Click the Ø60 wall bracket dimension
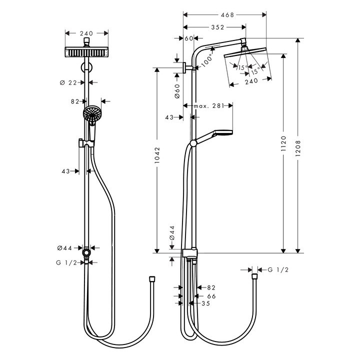[177, 91]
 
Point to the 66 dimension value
[211, 296]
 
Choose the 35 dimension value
[206, 303]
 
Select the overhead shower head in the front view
[87, 52]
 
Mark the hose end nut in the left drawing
[152, 277]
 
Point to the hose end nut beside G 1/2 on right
[255, 275]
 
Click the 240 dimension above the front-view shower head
[87, 33]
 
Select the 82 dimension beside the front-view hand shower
[75, 101]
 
